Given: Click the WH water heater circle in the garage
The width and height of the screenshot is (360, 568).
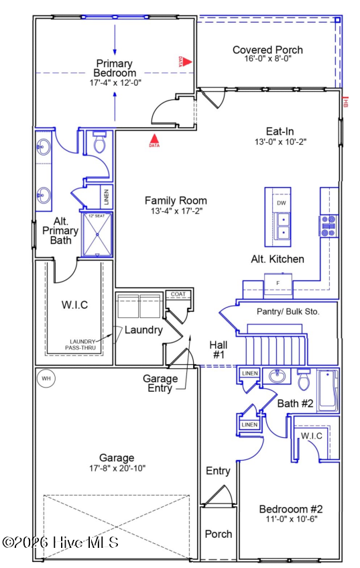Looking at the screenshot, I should (46, 378).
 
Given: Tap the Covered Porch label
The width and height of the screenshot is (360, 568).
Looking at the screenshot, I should (267, 50).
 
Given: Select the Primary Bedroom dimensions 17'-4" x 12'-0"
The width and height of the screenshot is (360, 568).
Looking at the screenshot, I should (115, 82).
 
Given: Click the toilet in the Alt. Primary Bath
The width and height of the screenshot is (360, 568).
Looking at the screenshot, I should (100, 144).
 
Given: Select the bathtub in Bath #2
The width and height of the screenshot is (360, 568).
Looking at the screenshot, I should (328, 391).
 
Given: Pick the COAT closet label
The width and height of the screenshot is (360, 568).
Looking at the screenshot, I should (178, 294).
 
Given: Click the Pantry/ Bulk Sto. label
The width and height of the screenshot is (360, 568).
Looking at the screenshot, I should (288, 312).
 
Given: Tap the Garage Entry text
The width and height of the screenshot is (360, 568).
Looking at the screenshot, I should (160, 383).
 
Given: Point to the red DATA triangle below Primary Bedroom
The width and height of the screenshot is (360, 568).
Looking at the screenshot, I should (154, 139).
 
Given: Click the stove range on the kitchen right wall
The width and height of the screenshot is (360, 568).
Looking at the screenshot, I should (328, 227).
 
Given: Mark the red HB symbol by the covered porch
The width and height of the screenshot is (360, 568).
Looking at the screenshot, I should (345, 103).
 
